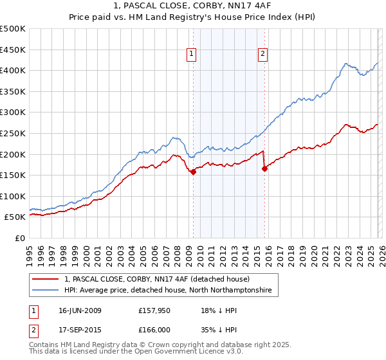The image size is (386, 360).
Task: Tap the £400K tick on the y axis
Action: click(13, 71)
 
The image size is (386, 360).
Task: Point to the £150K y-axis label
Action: click(13, 175)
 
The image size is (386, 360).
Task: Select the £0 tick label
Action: click(21, 238)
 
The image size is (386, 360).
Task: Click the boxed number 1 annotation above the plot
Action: click(192, 55)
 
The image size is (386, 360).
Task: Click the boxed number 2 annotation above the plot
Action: click(264, 55)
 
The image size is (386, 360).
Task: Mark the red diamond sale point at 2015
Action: click(264, 168)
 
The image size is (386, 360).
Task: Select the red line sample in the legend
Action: click(46, 280)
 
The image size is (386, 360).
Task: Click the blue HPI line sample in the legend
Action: click(46, 291)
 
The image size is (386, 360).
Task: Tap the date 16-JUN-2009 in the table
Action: click(80, 310)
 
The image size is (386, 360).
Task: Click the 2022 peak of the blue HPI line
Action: click(346, 64)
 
